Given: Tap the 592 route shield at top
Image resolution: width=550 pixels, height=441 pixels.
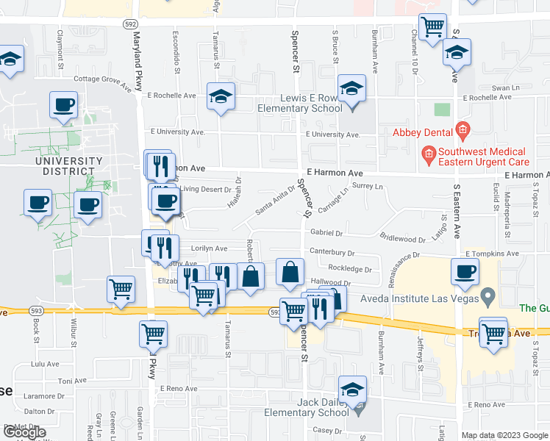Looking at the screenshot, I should pos(129,24).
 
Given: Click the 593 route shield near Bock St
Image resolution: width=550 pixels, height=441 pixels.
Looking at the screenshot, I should pos(35,311).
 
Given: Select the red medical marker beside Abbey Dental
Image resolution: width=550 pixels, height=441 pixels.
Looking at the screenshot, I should pos(462,132).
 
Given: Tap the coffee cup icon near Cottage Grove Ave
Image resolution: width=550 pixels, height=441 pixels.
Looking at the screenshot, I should pos(63,104).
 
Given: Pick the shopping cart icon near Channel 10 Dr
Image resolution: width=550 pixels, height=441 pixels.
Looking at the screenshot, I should pos(432,26).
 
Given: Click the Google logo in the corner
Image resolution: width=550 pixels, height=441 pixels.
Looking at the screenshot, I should pos(24,433).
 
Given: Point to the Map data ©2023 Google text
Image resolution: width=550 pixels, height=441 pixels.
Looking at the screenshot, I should pos(504,435).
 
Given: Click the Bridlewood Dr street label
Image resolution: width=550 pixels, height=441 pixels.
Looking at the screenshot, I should pos(402,238).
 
